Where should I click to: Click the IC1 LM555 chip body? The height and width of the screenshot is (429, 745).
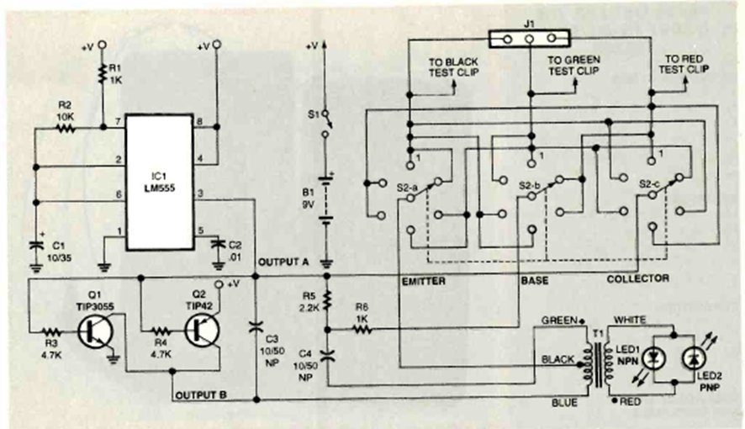[161, 181]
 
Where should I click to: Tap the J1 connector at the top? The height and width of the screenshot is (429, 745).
[530, 37]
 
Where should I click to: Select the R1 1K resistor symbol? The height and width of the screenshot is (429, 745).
[101, 77]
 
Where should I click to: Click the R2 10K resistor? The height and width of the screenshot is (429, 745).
[66, 129]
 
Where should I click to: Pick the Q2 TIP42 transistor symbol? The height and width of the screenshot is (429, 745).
[200, 330]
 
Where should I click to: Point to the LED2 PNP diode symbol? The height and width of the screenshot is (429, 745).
[691, 357]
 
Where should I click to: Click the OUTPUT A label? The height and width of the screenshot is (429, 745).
[283, 262]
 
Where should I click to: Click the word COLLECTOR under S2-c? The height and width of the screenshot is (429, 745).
[638, 278]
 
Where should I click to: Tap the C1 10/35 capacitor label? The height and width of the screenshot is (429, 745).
[58, 250]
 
